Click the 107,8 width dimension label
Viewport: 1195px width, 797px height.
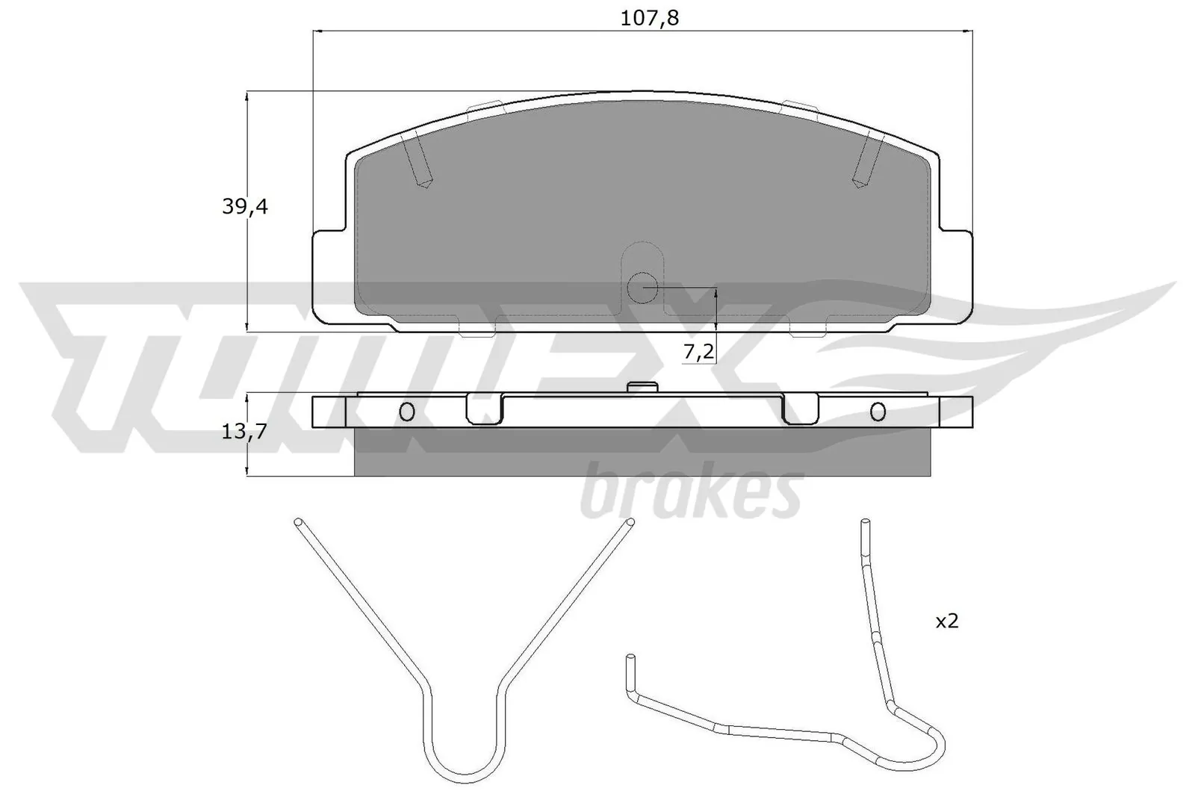649,18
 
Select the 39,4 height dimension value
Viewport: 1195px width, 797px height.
244,206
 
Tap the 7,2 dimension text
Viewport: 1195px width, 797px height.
699,352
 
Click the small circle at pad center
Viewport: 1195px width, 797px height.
642,286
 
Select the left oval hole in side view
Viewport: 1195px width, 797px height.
407,411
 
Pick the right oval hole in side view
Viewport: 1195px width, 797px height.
878,411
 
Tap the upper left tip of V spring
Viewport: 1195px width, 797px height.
299,521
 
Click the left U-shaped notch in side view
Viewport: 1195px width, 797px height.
485,411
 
